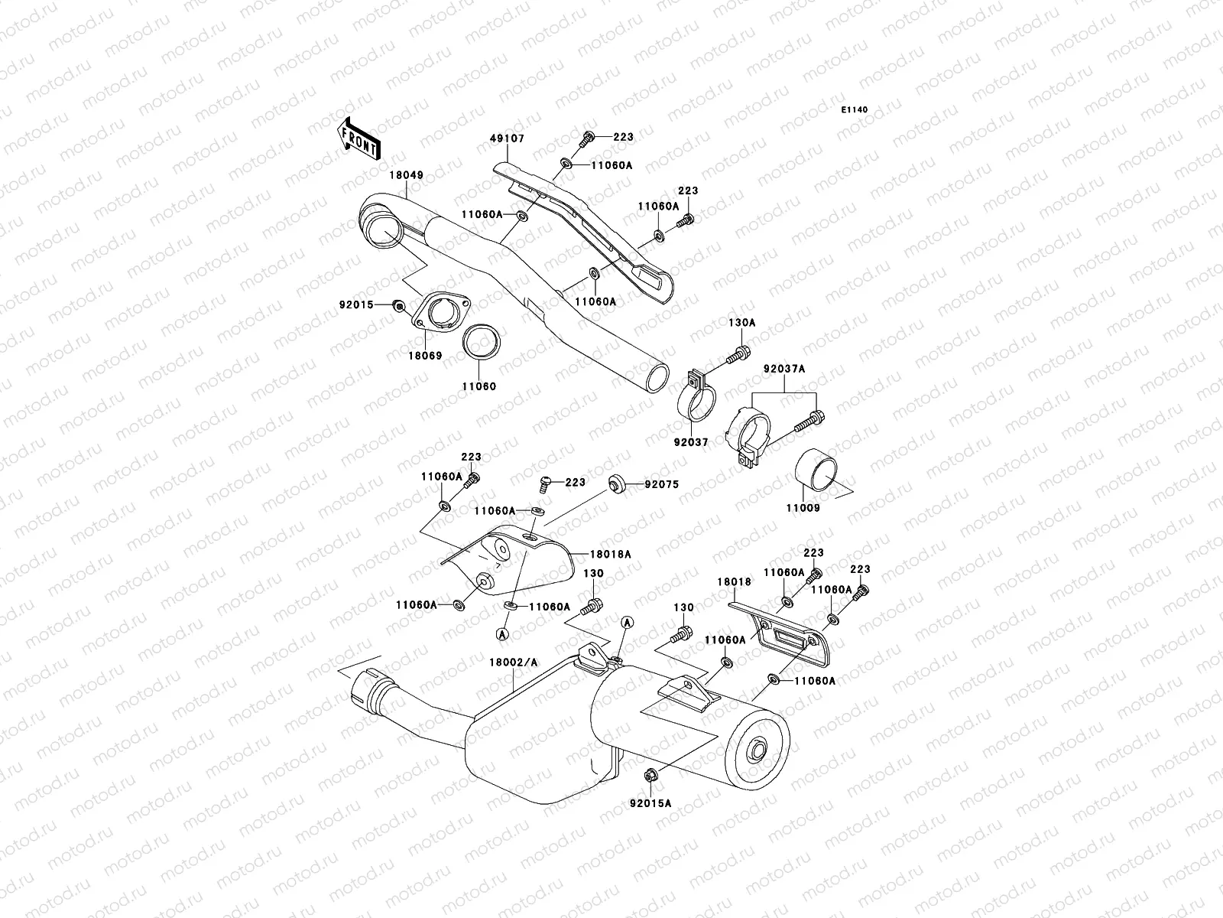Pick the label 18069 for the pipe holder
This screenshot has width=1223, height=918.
[x=424, y=356]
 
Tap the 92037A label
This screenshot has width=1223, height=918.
[x=783, y=369]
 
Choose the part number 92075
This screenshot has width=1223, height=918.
[x=661, y=484]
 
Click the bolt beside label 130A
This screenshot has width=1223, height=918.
[x=740, y=353]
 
